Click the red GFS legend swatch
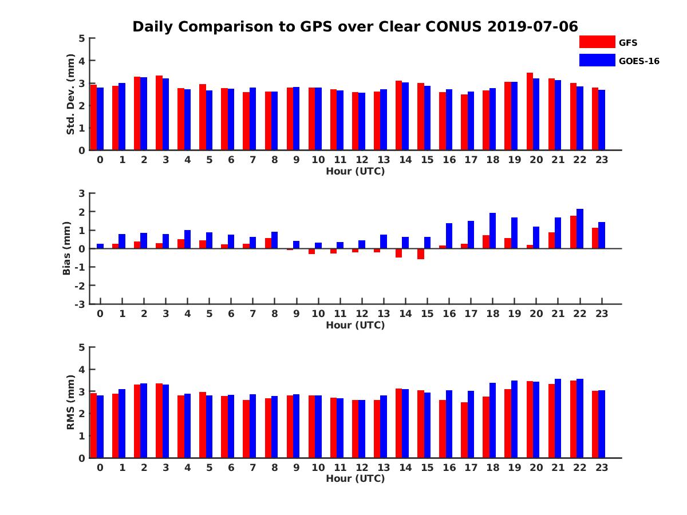(x=597, y=42)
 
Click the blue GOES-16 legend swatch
(x=597, y=60)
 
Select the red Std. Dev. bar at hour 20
(x=530, y=112)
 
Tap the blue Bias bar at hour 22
(x=580, y=229)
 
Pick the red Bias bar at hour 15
(x=420, y=254)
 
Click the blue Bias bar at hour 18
(x=492, y=231)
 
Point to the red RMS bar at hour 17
(x=464, y=430)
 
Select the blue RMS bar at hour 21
(x=558, y=418)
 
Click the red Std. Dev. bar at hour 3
(x=159, y=113)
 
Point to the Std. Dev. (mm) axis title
(x=70, y=94)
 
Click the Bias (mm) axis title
(x=67, y=248)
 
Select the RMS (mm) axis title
(x=70, y=402)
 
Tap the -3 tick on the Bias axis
(x=81, y=304)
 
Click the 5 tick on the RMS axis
(x=82, y=347)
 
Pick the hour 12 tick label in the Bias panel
(x=361, y=314)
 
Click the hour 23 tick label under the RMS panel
(x=601, y=468)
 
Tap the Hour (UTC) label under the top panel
(x=355, y=171)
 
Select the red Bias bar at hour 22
(x=573, y=232)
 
